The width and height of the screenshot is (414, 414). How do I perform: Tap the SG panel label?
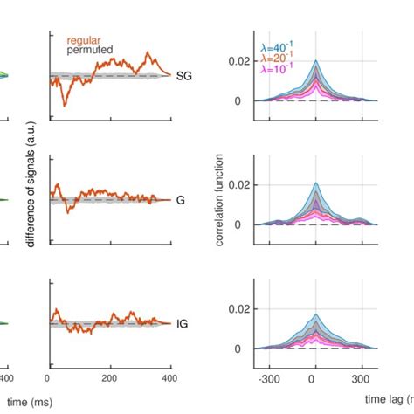tap(183, 77)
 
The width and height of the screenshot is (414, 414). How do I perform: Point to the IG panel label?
tap(183, 323)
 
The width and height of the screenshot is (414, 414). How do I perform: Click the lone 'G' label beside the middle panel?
tap(180, 200)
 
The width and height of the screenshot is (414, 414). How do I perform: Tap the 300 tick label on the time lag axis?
tap(357, 381)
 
